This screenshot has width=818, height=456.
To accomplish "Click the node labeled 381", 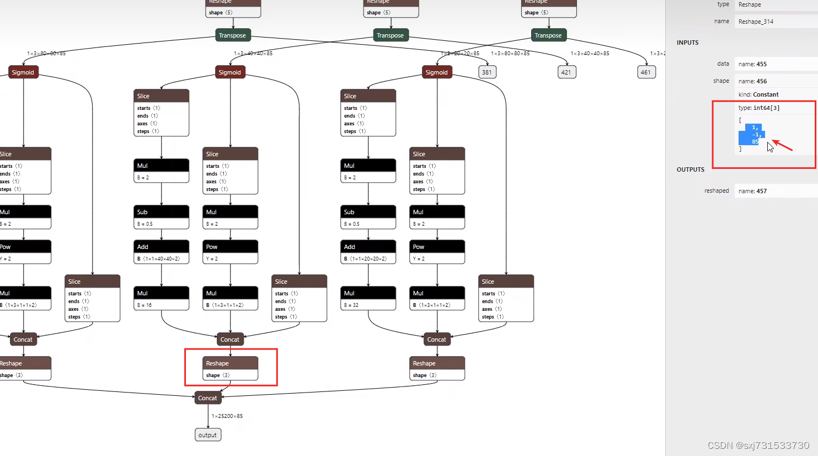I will coord(486,72).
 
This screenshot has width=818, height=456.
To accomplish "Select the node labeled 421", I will coord(566,72).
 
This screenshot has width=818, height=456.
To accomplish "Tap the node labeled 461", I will coord(645,72).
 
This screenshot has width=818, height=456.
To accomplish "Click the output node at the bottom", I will coord(208,435).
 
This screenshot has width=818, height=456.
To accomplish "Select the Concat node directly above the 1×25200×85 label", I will coord(208,398).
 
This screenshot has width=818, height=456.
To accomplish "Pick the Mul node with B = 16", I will coord(161,299).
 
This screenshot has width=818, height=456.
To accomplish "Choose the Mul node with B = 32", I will coord(368,299).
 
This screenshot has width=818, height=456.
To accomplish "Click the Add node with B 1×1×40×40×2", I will coord(161,252).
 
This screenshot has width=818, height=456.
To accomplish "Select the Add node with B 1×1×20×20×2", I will coord(368,252).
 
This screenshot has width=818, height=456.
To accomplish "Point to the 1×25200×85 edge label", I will coord(227,416).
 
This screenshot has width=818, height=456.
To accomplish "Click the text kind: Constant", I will coord(758,94).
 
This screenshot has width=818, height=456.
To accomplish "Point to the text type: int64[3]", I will coord(759,108).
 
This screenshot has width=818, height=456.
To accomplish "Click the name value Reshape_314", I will coord(756,22).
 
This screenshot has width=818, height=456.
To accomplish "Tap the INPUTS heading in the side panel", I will coord(687,43).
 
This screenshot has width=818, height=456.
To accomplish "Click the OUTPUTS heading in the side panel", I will coord(691,169).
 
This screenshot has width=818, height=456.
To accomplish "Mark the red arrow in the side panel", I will coord(782,145).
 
